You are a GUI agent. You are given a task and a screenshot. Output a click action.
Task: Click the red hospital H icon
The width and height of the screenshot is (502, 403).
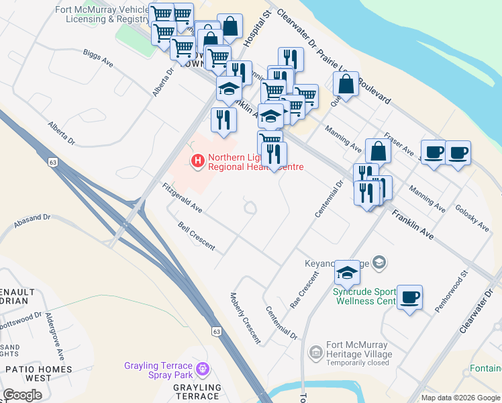(x=197, y=161)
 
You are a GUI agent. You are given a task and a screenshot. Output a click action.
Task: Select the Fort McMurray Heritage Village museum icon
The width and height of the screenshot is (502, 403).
(x=315, y=351)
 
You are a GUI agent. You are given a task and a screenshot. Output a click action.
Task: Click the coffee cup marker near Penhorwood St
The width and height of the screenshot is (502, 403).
(x=409, y=297)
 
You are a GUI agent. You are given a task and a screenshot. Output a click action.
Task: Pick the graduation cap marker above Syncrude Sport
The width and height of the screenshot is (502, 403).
(x=347, y=273)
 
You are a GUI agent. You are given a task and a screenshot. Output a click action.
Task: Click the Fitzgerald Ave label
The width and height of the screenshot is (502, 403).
(x=182, y=198)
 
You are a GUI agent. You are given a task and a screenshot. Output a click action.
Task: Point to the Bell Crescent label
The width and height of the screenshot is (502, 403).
(x=196, y=236)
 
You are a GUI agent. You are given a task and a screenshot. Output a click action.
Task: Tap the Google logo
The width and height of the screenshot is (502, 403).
(x=22, y=395)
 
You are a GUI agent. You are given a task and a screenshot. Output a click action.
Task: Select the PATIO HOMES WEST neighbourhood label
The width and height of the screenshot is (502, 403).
(x=38, y=373)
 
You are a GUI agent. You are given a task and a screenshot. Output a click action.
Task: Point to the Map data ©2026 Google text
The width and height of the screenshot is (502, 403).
(x=460, y=398)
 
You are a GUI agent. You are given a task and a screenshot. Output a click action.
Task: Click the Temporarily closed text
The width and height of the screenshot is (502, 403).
(x=358, y=363)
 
